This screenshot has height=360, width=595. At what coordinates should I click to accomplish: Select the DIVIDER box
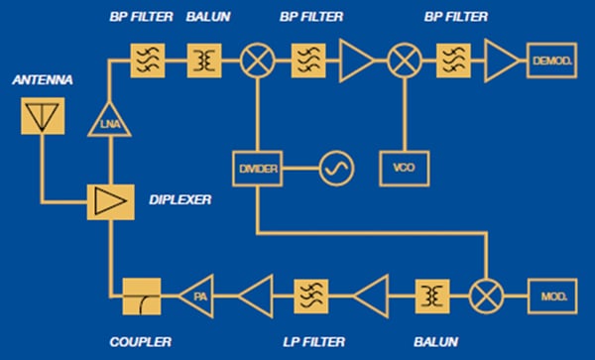pos(257,170)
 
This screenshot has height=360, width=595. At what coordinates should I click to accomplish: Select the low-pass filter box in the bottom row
pos(311,295)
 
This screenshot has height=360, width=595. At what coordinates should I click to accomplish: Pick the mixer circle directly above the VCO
pos(404,61)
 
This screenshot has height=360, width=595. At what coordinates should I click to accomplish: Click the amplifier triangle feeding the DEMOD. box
pos(502,61)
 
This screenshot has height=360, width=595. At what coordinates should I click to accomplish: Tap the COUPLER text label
pos(142,342)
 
